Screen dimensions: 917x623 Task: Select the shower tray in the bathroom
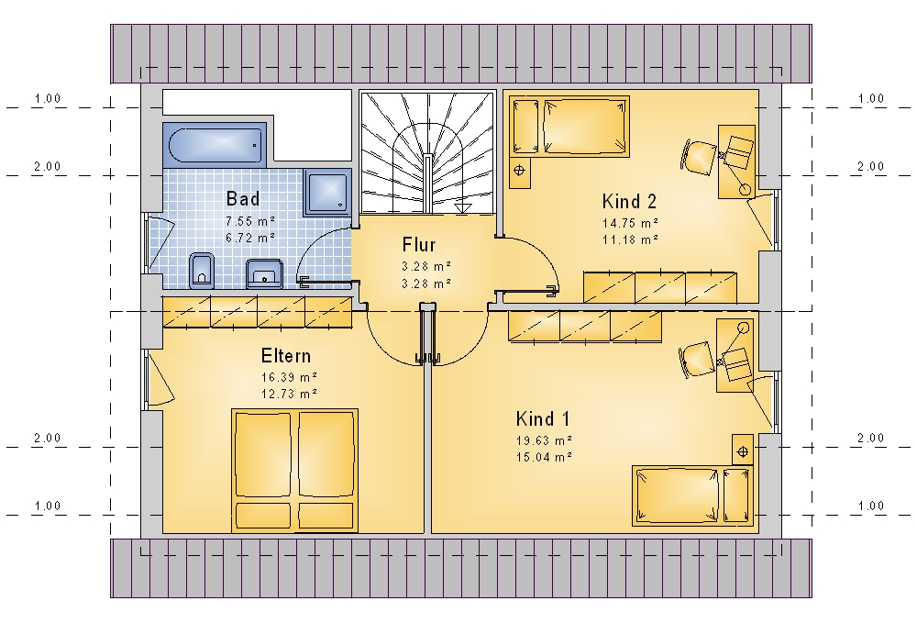(327, 193)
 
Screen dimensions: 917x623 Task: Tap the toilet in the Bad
(202, 271)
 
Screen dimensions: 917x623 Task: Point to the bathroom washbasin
(264, 273)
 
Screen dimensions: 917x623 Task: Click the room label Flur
(419, 244)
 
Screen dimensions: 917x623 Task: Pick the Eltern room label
(285, 356)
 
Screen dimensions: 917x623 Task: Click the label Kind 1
(542, 418)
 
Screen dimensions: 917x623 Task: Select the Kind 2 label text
(629, 201)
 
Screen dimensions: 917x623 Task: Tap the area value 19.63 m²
(543, 439)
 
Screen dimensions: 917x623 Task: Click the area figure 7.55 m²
(250, 221)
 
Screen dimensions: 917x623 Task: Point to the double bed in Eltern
(294, 471)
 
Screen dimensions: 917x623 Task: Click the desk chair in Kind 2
(698, 156)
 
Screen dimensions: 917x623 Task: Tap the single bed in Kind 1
(692, 495)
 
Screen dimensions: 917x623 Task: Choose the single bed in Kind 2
(569, 127)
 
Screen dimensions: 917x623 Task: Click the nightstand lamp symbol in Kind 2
(519, 171)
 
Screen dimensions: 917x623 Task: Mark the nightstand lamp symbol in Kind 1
(743, 451)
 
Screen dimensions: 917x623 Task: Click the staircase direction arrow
(462, 206)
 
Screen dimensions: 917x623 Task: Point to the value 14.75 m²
(631, 223)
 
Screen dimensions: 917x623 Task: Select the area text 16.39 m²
(289, 377)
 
